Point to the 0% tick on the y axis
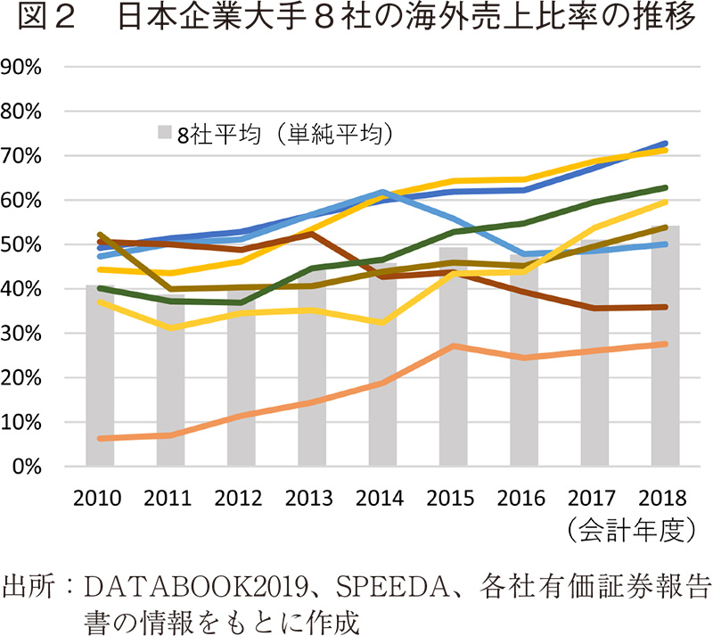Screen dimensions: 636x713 coord(32,467)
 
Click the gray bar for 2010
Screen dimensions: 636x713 coord(100,376)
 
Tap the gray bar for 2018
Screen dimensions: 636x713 coord(665,348)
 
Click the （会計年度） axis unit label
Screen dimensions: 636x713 coord(635,528)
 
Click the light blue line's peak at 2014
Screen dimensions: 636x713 coord(382,192)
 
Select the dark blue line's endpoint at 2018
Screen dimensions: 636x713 coord(665,144)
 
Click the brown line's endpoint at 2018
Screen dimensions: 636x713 coord(665,307)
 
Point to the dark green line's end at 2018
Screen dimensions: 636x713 coord(665,188)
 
